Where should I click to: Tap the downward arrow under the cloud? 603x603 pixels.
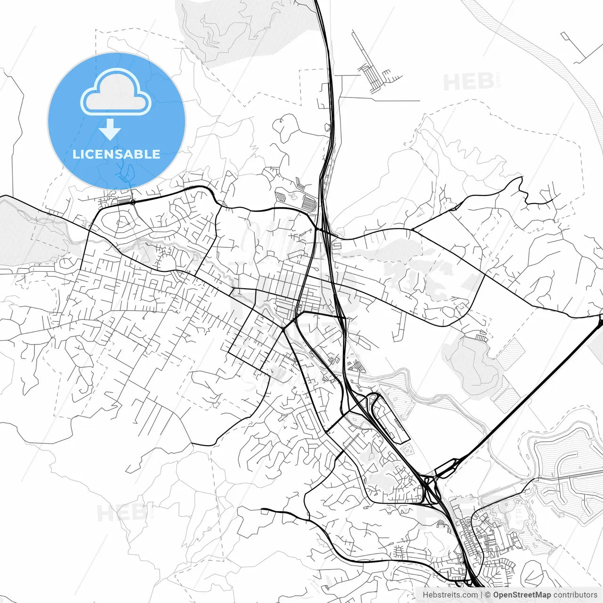point(110,129)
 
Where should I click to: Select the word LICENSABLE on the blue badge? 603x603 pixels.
point(116,154)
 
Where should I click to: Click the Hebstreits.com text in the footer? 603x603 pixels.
point(449,595)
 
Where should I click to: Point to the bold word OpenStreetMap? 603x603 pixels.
point(522,595)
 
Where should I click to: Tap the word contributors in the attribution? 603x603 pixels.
point(575,595)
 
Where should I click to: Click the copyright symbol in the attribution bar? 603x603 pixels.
point(488,595)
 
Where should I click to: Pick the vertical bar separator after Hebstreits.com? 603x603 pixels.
point(481,595)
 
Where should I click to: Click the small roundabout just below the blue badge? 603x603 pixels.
point(133,202)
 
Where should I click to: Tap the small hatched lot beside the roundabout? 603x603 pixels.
point(123,201)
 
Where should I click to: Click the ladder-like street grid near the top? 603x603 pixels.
point(372,75)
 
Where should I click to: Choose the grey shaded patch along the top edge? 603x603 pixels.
point(245,21)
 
